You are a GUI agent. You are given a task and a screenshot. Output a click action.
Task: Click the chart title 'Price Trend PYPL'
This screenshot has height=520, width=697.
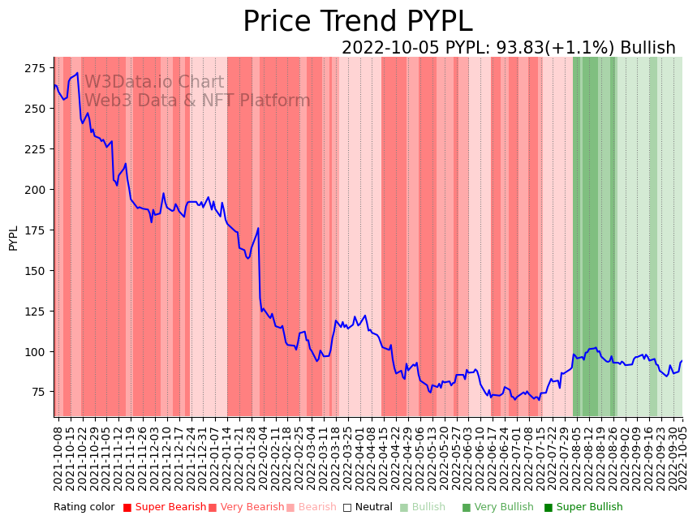(357, 22)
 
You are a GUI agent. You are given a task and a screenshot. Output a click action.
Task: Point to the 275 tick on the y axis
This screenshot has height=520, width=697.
(38, 68)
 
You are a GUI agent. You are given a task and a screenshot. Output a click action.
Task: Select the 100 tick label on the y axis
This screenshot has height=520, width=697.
(38, 352)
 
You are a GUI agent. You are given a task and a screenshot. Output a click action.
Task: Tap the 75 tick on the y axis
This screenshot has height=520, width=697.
(41, 393)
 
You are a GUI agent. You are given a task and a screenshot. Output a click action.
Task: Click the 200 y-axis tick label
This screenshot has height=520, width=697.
(38, 190)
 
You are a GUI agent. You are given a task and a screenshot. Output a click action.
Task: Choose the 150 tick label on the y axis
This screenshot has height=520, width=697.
(38, 271)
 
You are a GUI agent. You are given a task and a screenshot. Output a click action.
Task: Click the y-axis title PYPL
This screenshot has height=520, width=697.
(13, 239)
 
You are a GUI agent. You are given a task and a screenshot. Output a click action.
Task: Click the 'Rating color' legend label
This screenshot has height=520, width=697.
(84, 508)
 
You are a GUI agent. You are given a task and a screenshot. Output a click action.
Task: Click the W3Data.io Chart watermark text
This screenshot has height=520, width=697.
(154, 82)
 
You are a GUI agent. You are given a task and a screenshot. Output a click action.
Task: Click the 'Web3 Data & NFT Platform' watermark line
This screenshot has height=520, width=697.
(197, 101)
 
